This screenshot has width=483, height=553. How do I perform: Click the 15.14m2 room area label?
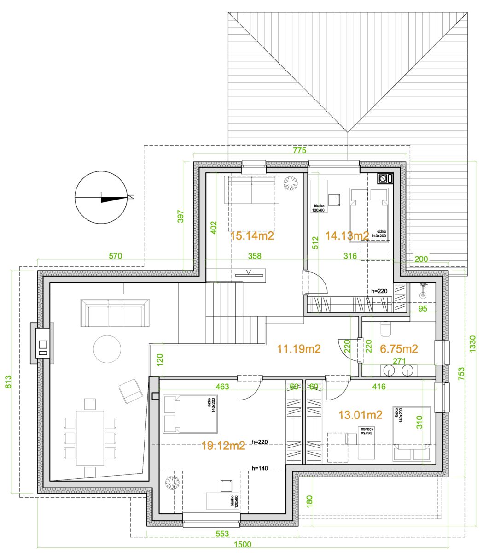[252, 236]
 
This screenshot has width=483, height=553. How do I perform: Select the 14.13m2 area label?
[347, 235]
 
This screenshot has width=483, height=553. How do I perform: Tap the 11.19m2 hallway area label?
[299, 349]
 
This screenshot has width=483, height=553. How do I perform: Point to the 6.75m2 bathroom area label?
[399, 349]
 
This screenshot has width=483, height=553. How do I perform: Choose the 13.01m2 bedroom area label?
[361, 415]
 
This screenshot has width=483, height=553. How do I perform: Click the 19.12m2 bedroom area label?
[223, 446]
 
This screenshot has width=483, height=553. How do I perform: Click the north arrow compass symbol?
[101, 198]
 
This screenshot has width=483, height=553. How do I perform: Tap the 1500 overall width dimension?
[243, 544]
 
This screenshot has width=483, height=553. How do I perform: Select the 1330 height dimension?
[472, 344]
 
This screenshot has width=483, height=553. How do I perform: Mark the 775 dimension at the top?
[300, 150]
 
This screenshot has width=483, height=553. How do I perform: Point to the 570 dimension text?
[115, 256]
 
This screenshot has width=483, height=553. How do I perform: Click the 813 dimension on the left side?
[8, 382]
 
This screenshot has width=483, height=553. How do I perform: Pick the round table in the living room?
[107, 349]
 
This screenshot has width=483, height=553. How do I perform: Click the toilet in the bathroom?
[385, 329]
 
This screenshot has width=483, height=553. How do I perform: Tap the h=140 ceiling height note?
[260, 468]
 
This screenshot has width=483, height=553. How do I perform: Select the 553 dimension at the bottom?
[222, 534]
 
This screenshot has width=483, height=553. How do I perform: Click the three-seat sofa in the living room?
[115, 313]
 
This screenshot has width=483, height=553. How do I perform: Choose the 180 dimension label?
[310, 501]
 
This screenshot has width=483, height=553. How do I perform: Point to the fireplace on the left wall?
[42, 343]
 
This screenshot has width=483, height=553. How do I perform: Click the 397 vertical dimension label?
[180, 216]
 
